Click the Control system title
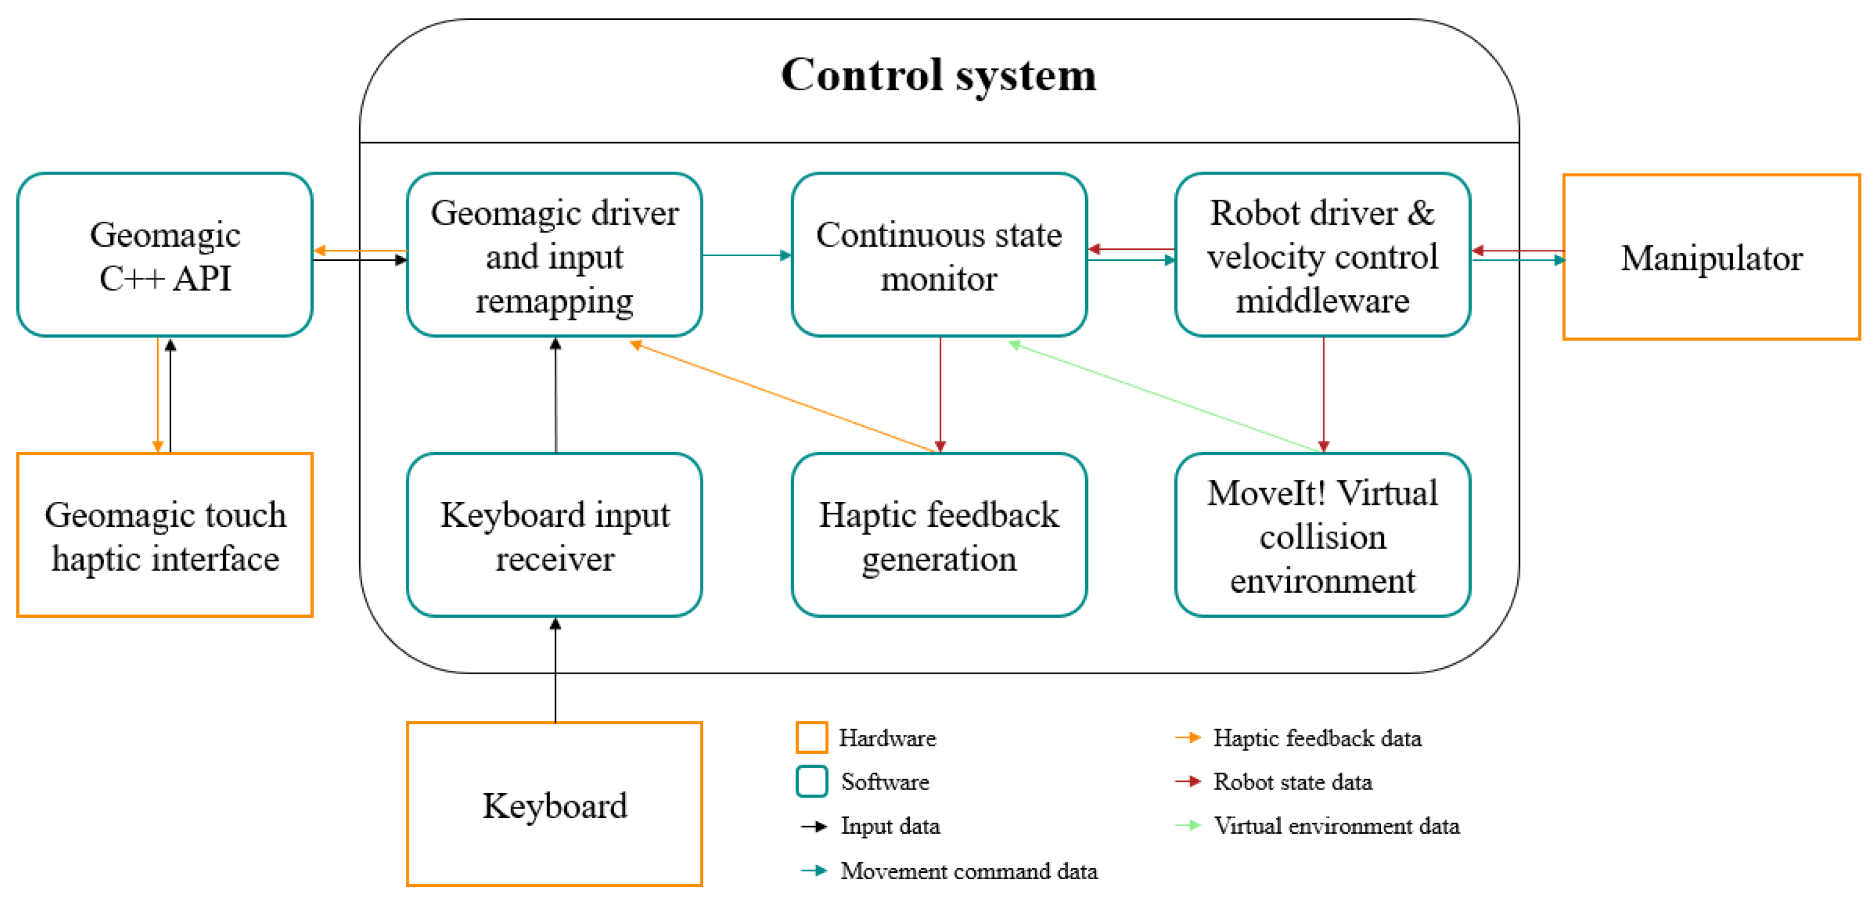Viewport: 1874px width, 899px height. [x=938, y=76]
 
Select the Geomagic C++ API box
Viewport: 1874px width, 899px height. [x=165, y=255]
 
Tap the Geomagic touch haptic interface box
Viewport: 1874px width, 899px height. [x=165, y=535]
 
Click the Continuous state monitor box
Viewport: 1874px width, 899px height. [x=938, y=255]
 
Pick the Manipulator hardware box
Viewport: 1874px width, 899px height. [x=1711, y=257]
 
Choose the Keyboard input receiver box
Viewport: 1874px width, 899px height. [x=554, y=535]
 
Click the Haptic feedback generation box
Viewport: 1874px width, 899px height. [x=938, y=535]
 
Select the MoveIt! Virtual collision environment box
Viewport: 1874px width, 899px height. [x=1322, y=535]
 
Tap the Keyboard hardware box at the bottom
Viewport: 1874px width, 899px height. [x=554, y=805]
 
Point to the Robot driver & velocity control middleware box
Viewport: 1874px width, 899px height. [x=1322, y=255]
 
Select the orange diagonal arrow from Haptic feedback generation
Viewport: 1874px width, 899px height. [x=782, y=397]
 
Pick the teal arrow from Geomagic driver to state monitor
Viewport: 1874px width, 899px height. [x=746, y=255]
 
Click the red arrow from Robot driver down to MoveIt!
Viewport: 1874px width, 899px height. [x=1323, y=393]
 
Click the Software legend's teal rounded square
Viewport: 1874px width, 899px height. [x=811, y=782]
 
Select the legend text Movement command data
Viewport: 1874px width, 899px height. [x=968, y=870]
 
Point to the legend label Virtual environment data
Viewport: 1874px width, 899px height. [x=1335, y=826]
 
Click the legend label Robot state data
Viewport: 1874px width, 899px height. [x=1292, y=782]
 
